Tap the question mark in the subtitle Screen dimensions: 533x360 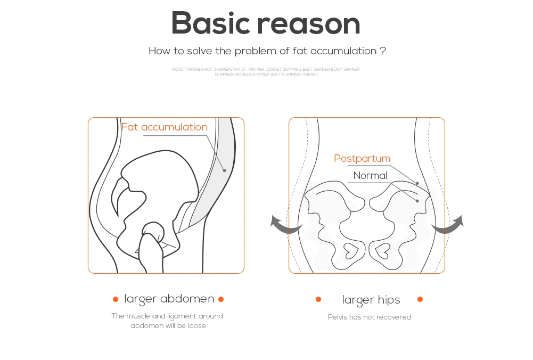tap(383, 51)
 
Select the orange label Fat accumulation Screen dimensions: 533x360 tap(164, 127)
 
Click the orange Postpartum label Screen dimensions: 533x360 tap(362, 158)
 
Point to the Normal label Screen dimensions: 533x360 tap(370, 175)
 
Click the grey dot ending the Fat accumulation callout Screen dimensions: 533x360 tap(225, 170)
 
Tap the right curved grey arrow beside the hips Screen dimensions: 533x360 tap(449, 226)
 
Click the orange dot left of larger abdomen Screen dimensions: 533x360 tap(116, 299)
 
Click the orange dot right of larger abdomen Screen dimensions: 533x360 tap(221, 299)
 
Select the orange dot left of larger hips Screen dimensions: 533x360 tap(318, 299)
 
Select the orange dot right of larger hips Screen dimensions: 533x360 tap(420, 299)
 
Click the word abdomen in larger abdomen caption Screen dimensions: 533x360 tap(187, 299)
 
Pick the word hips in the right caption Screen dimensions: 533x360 tap(389, 300)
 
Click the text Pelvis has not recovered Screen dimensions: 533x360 tap(370, 317)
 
